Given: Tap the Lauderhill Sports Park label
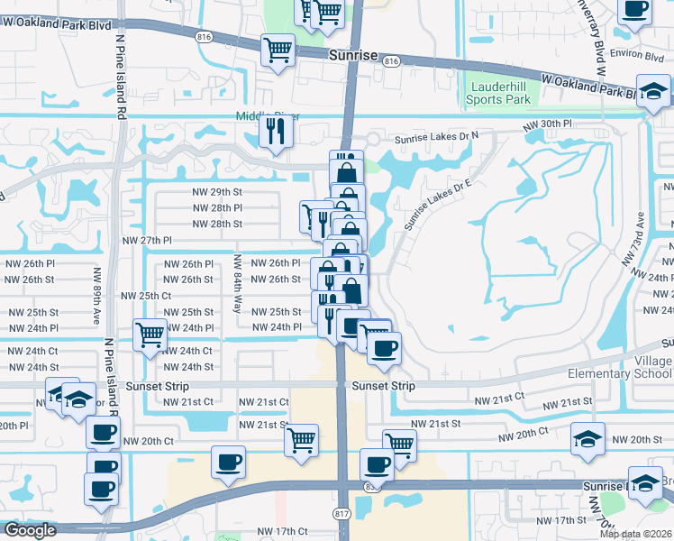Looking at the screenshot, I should pos(498,93).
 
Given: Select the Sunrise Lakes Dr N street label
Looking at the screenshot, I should pos(437,138).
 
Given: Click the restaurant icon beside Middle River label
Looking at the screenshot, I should pos(273,132).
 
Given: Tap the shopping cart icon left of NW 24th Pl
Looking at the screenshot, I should pos(150,335).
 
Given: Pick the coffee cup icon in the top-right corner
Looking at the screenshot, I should pos(634,10).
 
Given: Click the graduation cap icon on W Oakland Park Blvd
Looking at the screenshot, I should pos(654,92).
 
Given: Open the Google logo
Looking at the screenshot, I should pos(30,531).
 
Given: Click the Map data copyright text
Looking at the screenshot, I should pos(635,534).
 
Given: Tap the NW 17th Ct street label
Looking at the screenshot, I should pos(283,532).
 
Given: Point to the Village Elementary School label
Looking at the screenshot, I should pos(622,367).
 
